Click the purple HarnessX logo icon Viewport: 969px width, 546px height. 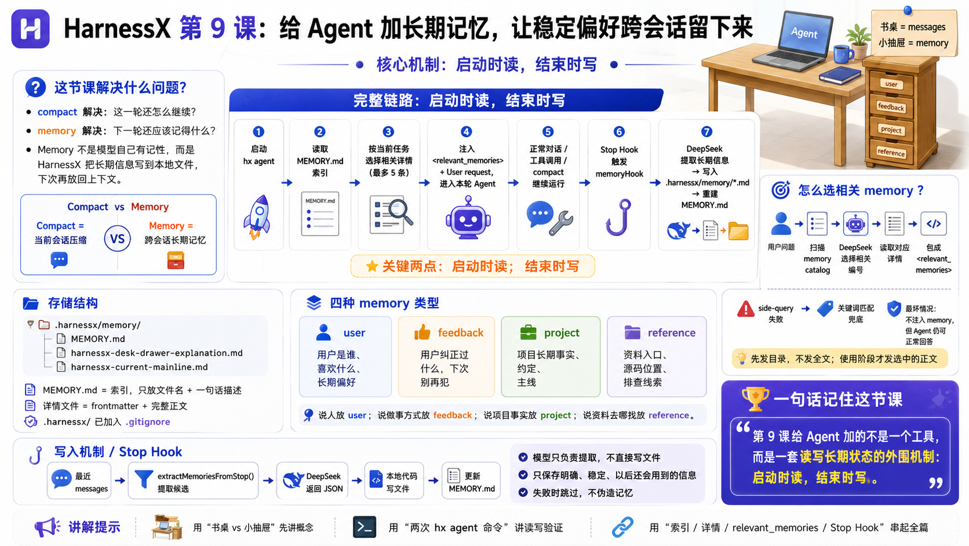[x=30, y=29]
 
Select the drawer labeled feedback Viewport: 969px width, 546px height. [x=891, y=107]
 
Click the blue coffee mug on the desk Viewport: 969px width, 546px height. [x=843, y=54]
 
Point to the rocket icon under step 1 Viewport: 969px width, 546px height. [x=257, y=217]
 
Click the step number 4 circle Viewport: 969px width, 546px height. [x=466, y=132]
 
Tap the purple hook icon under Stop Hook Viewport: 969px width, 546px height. [x=618, y=217]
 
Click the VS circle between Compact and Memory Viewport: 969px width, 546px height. [x=117, y=238]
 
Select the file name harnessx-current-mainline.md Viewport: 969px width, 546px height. [x=139, y=367]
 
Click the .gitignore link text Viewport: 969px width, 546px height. [x=148, y=422]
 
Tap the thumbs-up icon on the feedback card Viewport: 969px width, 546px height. [x=422, y=332]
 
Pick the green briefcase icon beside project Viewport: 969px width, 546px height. [x=528, y=332]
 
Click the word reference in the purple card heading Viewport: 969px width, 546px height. [x=671, y=332]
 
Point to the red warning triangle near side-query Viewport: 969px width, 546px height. [x=745, y=309]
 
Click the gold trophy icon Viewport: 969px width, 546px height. [x=755, y=399]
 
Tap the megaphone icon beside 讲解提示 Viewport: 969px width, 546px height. [x=47, y=527]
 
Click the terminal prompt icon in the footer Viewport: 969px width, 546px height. [x=364, y=527]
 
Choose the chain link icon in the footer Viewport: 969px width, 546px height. [x=622, y=527]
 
